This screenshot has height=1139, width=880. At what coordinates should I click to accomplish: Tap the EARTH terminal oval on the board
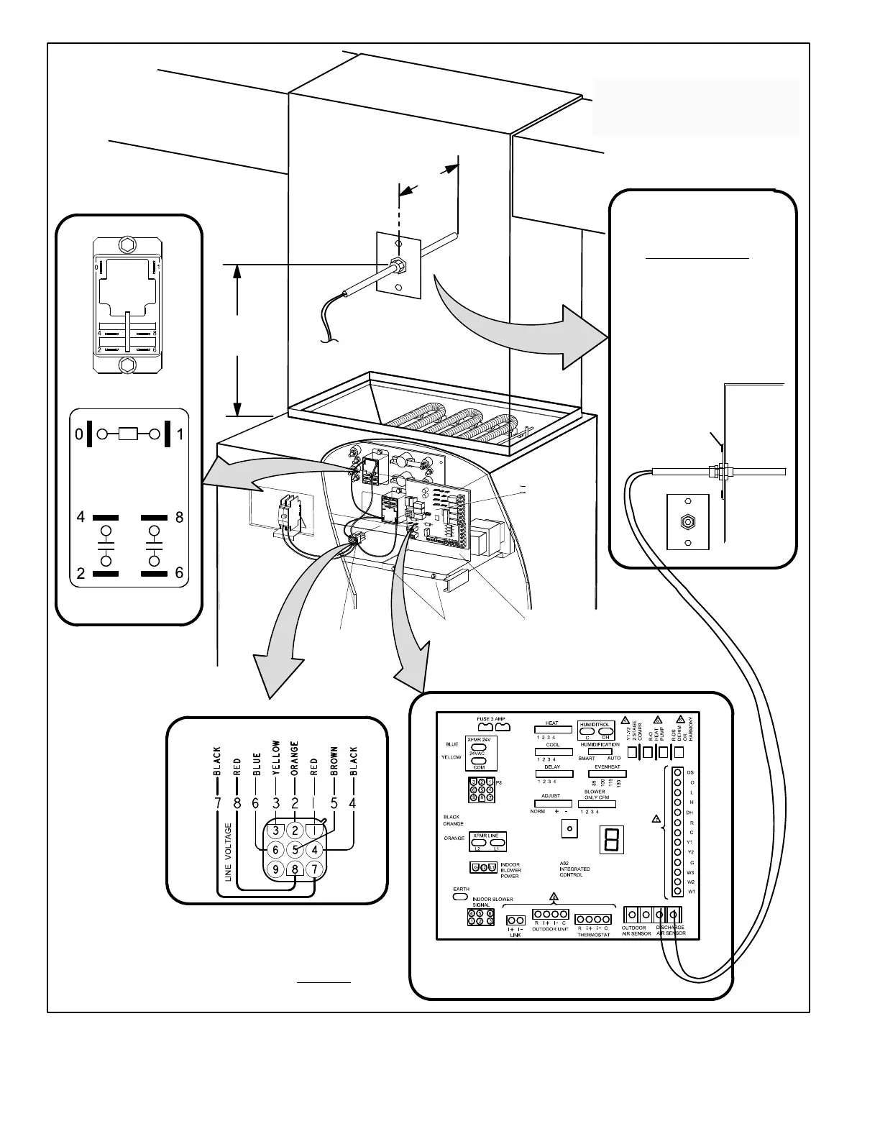pos(461,897)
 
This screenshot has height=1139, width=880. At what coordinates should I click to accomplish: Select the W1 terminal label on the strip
pos(691,892)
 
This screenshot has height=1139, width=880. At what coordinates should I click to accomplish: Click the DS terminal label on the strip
pos(690,772)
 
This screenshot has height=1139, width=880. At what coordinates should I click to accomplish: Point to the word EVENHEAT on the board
pos(608,767)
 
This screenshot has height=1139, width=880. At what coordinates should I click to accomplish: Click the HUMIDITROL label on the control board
pos(595,724)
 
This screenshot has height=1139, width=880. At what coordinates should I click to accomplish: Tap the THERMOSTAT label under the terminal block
pos(593,935)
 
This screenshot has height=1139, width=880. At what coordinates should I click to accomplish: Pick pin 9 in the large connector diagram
pos(275,869)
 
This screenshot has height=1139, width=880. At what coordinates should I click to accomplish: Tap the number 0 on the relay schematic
pos(79,434)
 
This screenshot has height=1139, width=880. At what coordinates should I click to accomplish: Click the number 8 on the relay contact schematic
pos(180,517)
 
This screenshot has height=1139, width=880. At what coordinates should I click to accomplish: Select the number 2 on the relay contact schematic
pos(81,573)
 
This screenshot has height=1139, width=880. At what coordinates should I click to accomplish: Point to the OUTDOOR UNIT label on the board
pos(550,928)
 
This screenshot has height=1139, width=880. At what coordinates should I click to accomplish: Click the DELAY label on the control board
pos(552,767)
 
